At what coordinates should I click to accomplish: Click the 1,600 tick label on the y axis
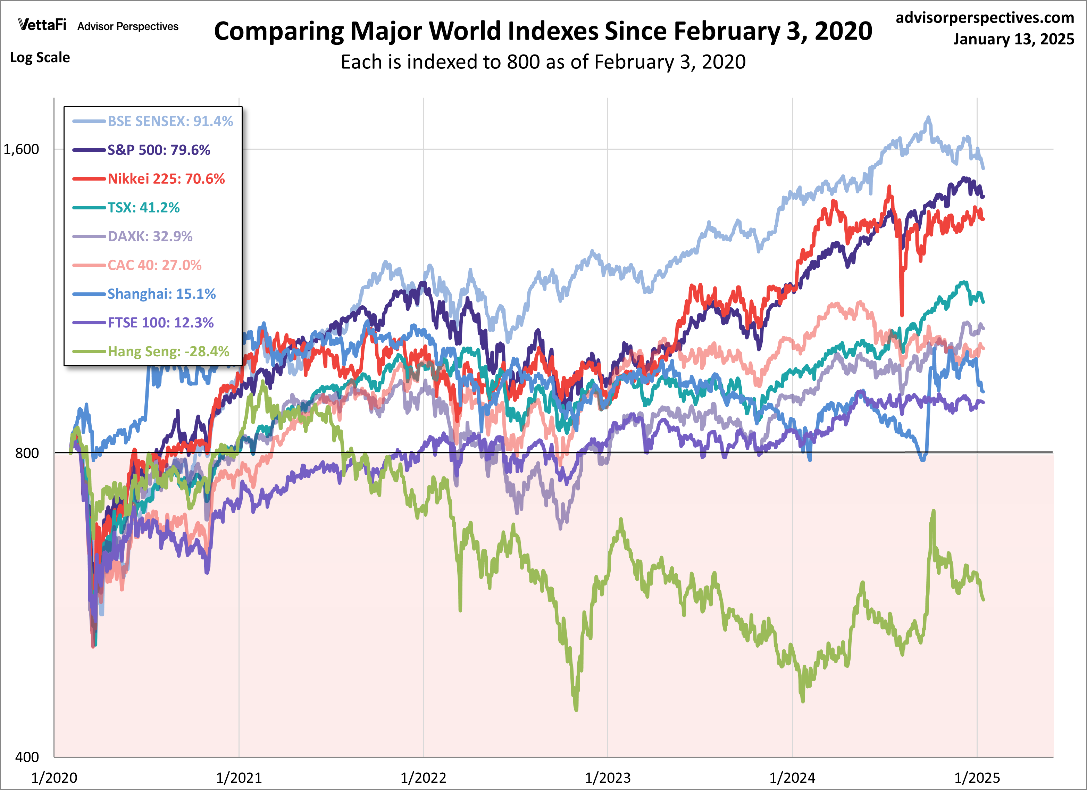pos(21,150)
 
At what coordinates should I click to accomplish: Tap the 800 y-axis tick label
pos(27,453)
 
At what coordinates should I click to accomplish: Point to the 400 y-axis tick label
pos(27,757)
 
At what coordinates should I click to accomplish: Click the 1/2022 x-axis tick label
pos(423,777)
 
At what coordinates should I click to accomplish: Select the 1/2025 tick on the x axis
pos(977,777)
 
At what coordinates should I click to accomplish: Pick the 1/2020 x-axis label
pos(54,777)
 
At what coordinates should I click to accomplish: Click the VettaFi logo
pos(42,25)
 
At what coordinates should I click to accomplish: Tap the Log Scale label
pos(40,58)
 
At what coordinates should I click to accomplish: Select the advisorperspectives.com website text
pos(985,18)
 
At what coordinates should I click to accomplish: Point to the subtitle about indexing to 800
pos(543,62)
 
